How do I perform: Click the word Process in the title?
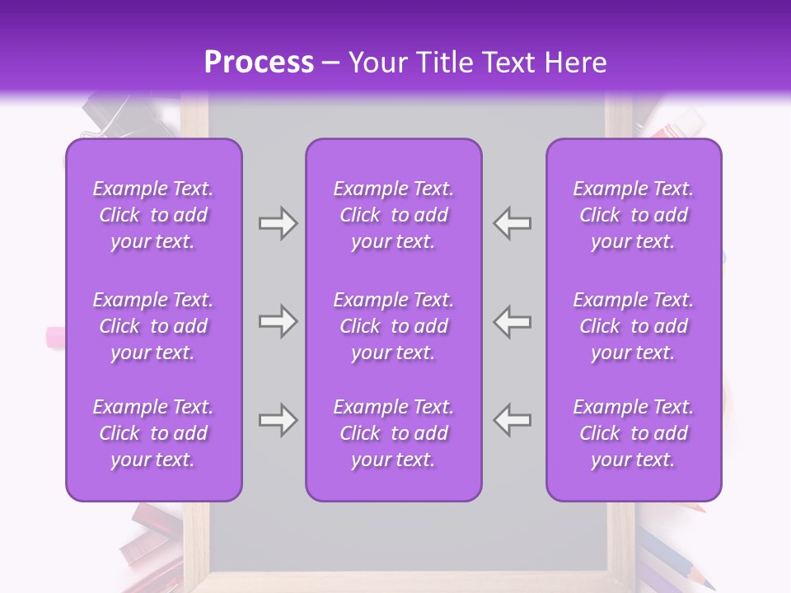tap(259, 63)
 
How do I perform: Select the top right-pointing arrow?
tap(278, 223)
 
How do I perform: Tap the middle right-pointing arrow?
tap(278, 322)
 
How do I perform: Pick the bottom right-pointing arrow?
tap(278, 421)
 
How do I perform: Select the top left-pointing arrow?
tap(513, 223)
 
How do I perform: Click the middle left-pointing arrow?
tap(513, 322)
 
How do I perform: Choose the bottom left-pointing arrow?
tap(513, 421)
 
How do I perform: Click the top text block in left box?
tap(153, 215)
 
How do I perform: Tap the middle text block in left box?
tap(153, 326)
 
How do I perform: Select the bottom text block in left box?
tap(153, 433)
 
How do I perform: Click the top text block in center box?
tap(394, 215)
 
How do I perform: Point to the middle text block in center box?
tap(394, 326)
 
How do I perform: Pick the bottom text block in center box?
tap(394, 433)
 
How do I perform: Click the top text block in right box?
tap(634, 215)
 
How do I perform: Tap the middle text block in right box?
tap(634, 326)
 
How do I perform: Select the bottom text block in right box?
tap(634, 433)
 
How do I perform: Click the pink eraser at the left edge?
tap(56, 335)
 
